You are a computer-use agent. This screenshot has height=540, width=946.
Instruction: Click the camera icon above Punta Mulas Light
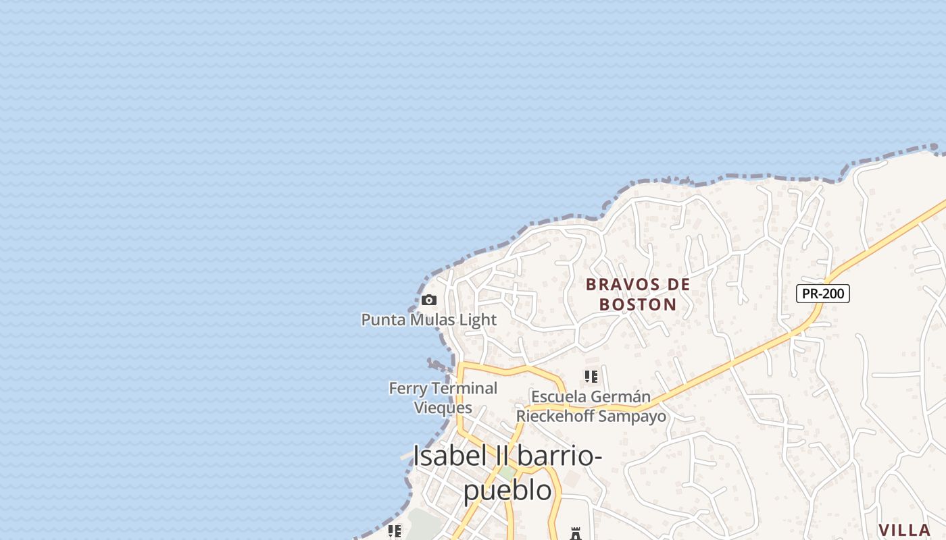[428, 300]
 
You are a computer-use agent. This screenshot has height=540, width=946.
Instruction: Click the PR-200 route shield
[822, 294]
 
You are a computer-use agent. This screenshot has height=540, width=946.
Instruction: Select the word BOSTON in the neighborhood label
[638, 304]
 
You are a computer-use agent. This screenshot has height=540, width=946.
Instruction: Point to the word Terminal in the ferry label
[464, 388]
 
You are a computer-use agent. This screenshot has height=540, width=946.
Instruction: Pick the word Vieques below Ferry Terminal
[443, 408]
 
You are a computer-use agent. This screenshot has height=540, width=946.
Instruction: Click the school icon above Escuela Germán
[591, 377]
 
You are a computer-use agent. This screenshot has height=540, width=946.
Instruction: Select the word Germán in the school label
[624, 397]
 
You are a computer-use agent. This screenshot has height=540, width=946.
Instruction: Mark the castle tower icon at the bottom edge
[576, 533]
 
